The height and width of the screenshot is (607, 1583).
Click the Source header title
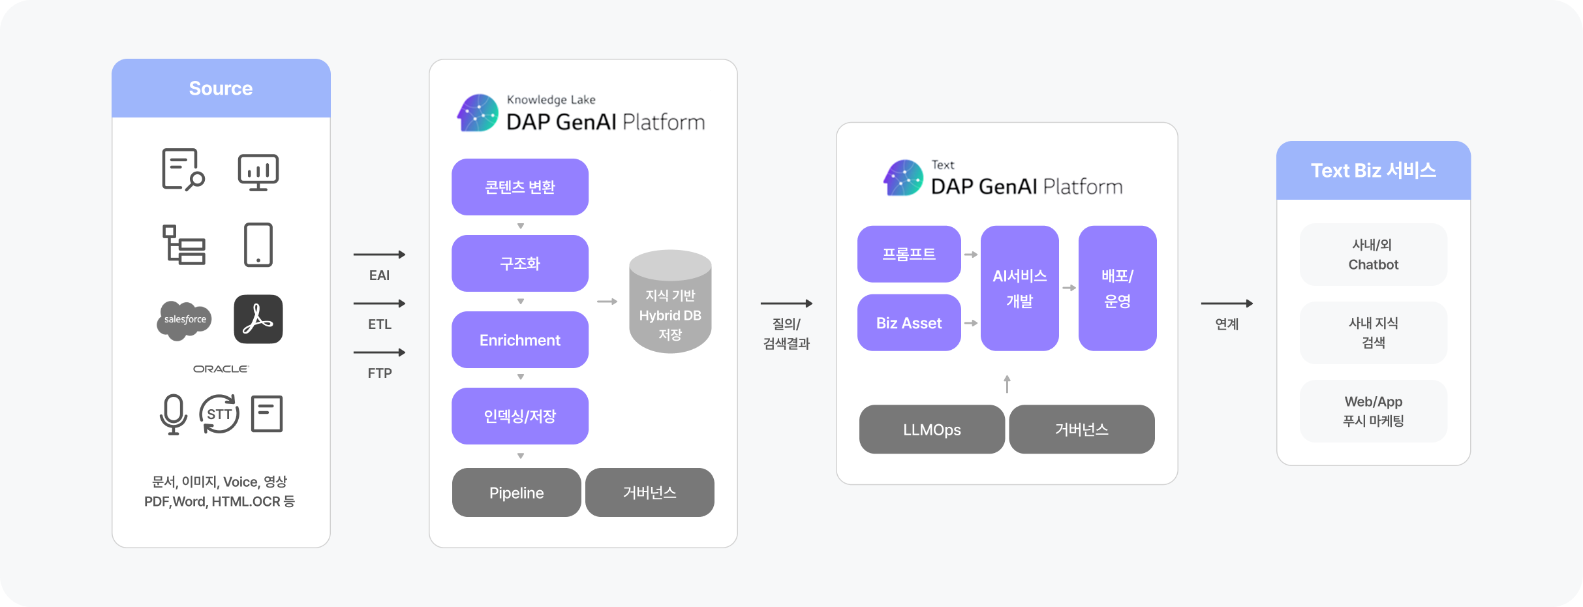point(221,88)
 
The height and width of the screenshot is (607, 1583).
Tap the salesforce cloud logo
point(184,320)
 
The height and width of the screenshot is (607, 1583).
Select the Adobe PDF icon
point(258,319)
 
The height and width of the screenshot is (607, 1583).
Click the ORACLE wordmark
point(221,369)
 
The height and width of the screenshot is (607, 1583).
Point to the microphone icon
point(173,414)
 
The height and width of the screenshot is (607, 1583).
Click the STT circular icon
point(219,414)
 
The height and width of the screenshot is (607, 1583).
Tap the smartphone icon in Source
point(258,245)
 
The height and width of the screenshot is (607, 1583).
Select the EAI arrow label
point(379,275)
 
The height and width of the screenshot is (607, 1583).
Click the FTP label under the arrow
point(380,373)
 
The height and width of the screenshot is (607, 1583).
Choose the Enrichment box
point(520,340)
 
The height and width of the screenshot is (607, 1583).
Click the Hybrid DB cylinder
point(670,302)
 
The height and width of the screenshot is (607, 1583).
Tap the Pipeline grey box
point(516,493)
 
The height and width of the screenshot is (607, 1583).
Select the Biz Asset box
point(909,323)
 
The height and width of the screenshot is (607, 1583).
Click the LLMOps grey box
point(932,429)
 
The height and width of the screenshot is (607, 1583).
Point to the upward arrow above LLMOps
point(1007,384)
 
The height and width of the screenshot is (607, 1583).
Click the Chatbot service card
point(1374,255)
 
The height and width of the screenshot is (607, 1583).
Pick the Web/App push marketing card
point(1374,411)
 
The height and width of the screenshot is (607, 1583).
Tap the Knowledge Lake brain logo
point(478,113)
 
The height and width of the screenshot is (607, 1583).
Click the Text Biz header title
point(1374,170)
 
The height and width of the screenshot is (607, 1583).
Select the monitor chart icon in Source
point(258,172)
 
